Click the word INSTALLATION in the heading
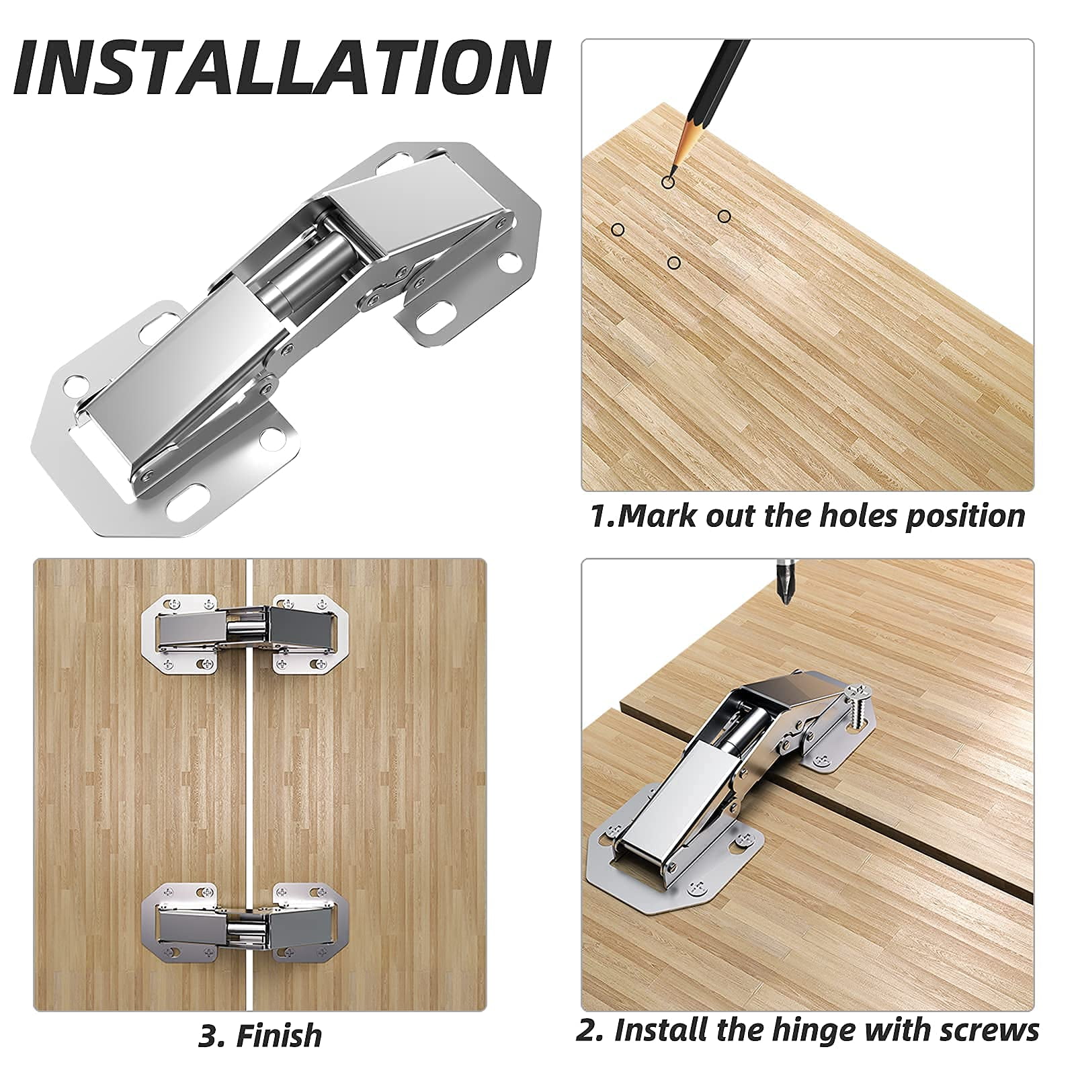[282, 69]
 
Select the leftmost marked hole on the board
[618, 230]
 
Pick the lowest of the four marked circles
[673, 263]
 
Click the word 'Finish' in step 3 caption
[278, 1036]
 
